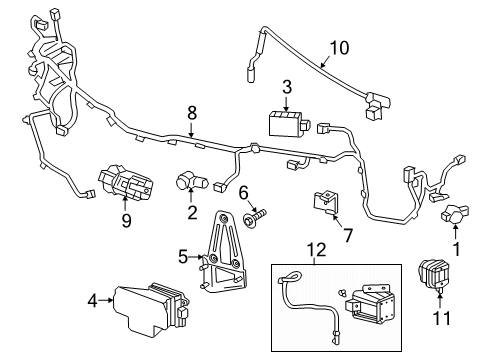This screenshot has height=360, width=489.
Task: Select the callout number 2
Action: [x=190, y=212]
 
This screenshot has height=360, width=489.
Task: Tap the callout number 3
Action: [x=286, y=88]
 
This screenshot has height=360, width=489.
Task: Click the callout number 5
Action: [x=183, y=256]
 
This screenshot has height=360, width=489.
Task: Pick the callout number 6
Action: [x=241, y=192]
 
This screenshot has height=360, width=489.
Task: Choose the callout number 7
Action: [x=349, y=237]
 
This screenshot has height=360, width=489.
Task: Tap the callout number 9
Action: [x=126, y=221]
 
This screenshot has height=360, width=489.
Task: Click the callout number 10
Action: [x=340, y=46]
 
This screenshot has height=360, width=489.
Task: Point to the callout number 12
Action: [x=317, y=247]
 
